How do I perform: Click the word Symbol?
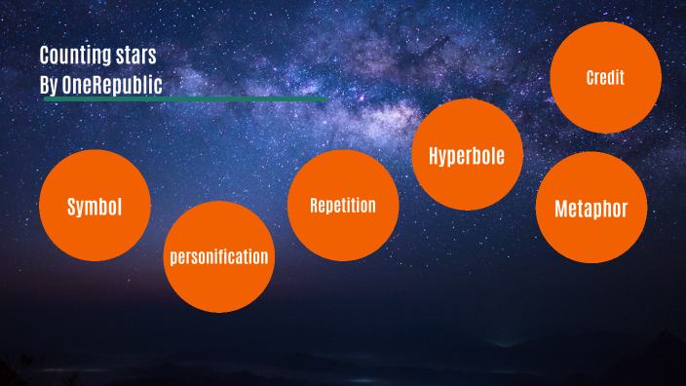click(95, 207)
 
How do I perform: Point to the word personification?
click(218, 258)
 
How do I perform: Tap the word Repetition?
click(343, 206)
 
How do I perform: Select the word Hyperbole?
click(468, 156)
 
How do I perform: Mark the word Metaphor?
click(591, 209)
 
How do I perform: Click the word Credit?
click(605, 78)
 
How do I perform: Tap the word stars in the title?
click(135, 56)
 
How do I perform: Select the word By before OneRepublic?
click(49, 85)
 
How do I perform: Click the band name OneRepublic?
click(112, 85)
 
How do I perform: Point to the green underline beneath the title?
click(185, 98)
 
